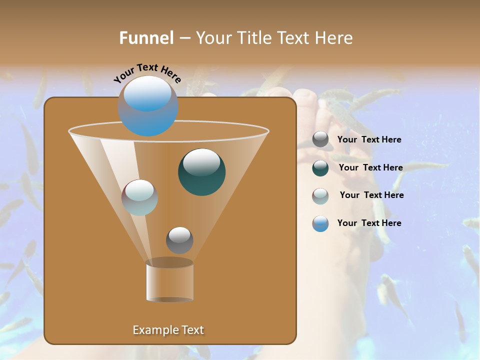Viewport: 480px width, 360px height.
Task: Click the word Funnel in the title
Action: (146, 38)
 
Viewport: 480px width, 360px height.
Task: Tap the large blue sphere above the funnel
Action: (148, 106)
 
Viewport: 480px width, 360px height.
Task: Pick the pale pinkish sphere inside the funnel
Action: (140, 197)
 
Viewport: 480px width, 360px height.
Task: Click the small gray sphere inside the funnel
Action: (179, 240)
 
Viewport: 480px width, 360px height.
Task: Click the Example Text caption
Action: (168, 330)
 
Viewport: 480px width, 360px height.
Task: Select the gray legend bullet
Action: (320, 139)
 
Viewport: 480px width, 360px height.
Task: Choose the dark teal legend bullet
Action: (320, 168)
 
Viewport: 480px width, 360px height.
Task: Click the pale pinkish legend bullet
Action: (320, 195)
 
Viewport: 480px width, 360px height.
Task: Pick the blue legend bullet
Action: (320, 223)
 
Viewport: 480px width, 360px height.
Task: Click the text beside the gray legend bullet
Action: (369, 139)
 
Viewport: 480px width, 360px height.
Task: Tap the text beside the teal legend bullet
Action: (370, 167)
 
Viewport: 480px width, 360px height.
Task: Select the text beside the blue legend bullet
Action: (369, 223)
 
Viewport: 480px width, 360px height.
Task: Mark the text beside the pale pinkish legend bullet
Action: (371, 195)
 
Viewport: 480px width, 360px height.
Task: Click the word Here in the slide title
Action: (334, 38)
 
